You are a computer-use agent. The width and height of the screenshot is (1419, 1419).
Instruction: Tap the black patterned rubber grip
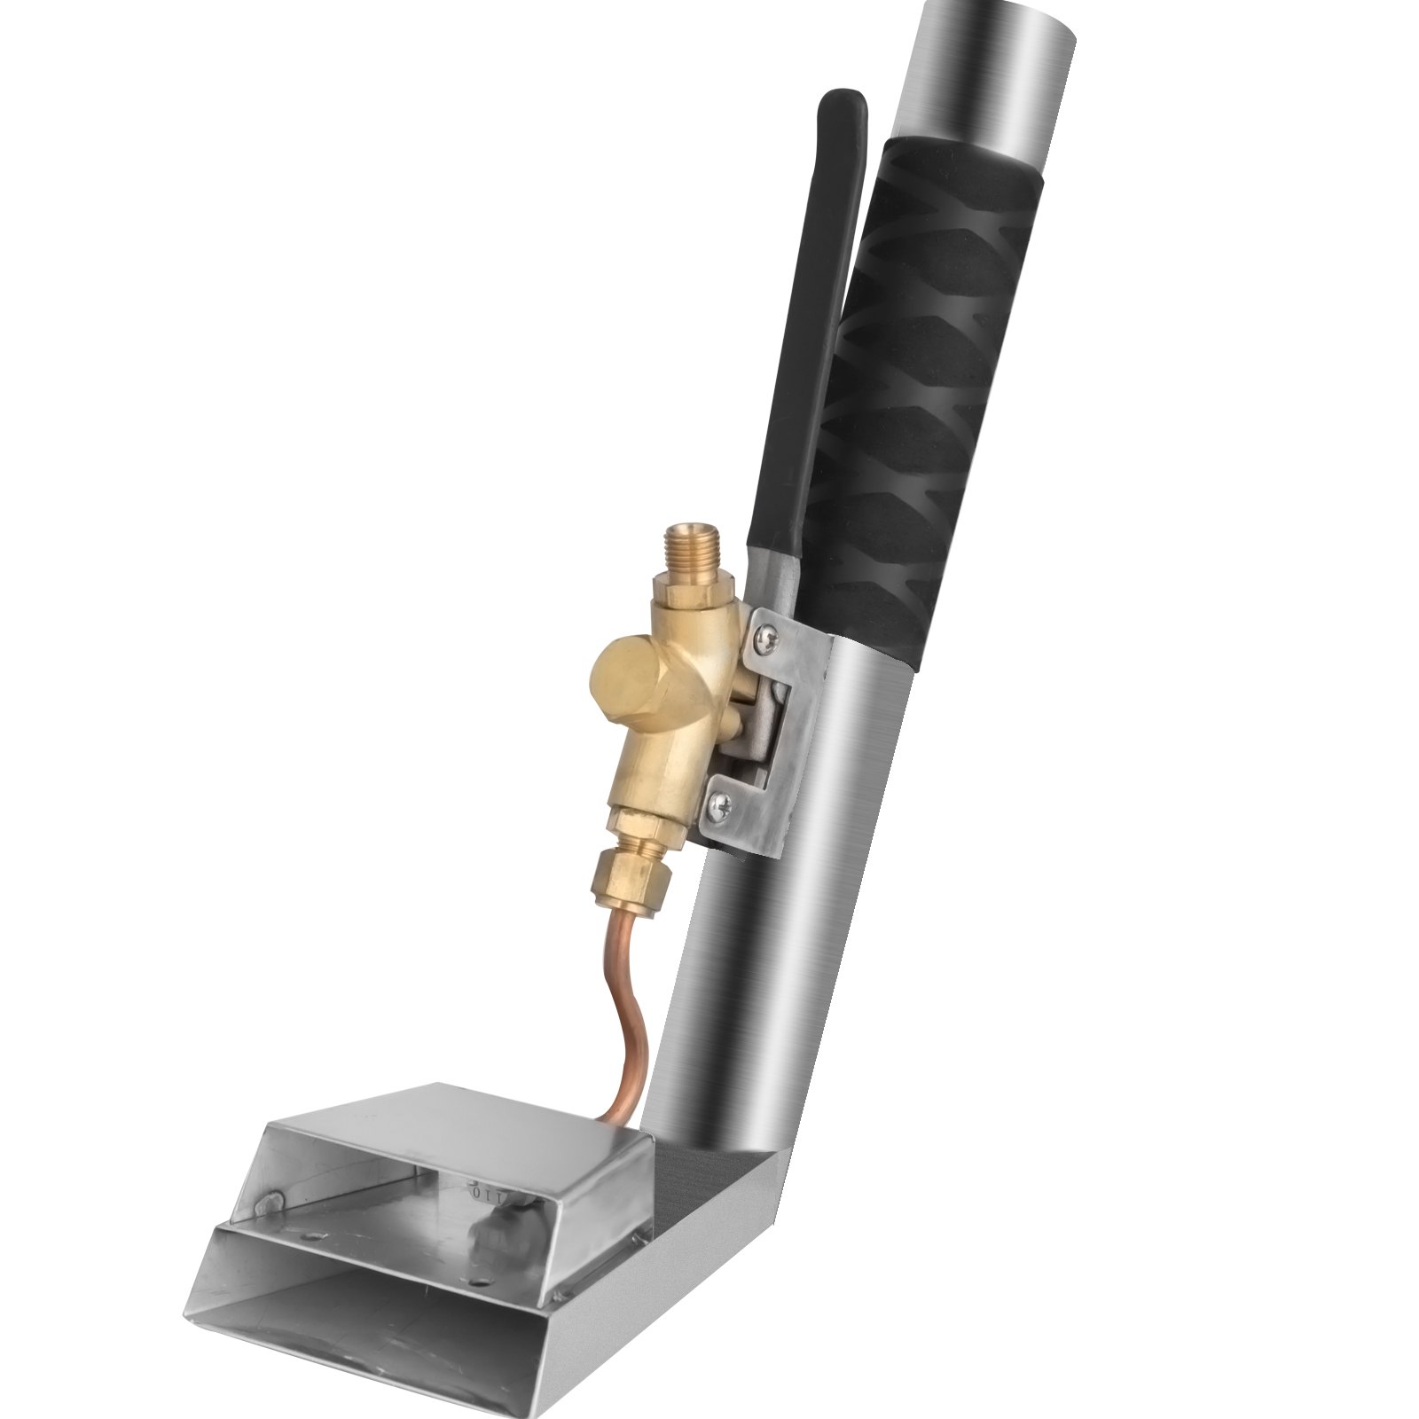pyautogui.click(x=922, y=399)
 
